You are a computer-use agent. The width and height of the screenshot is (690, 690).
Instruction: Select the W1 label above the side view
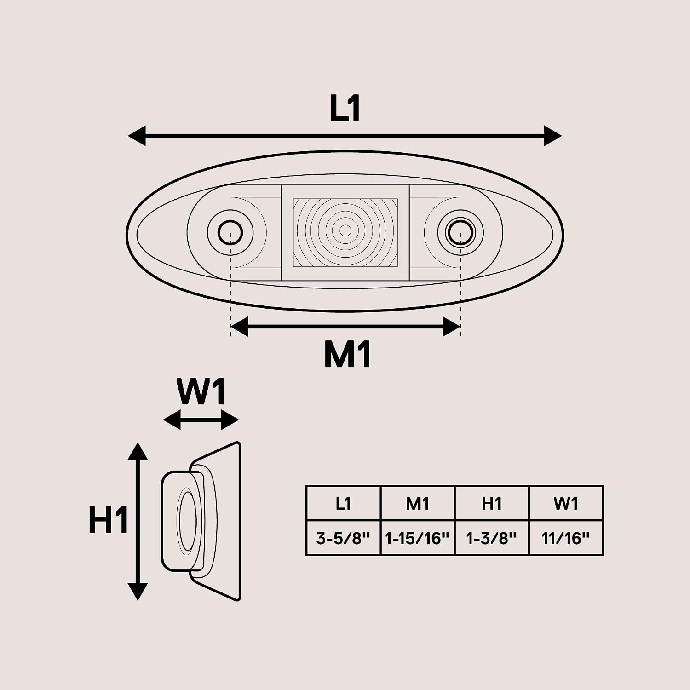tap(202, 392)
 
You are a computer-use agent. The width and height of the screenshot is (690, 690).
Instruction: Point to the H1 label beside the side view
tap(109, 521)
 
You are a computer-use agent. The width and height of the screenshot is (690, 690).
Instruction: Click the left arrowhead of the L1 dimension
tap(137, 136)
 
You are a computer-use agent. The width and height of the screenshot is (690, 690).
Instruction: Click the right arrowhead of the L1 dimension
tap(553, 136)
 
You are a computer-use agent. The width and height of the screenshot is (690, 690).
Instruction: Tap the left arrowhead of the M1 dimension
tap(239, 327)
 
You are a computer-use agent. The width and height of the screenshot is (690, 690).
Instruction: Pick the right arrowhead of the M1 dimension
tap(451, 327)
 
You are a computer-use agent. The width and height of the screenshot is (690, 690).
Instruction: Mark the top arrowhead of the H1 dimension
tap(138, 451)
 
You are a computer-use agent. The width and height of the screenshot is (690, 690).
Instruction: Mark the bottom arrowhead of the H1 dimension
tap(138, 592)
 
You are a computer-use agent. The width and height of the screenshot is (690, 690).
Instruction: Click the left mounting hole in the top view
tap(230, 232)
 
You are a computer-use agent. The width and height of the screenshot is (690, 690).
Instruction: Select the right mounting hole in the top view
tap(460, 232)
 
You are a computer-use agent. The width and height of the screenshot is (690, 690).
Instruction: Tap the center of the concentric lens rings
tap(345, 230)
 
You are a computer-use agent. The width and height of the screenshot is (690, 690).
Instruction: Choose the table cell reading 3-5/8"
tap(343, 538)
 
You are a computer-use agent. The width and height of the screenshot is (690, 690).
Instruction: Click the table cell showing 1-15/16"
tap(417, 538)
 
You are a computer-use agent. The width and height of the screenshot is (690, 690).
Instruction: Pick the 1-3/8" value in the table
tap(492, 538)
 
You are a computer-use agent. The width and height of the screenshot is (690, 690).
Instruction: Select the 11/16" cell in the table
tap(566, 538)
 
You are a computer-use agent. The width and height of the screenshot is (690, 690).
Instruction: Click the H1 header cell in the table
tap(492, 503)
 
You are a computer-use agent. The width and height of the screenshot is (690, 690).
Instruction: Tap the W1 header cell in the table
tap(566, 503)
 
